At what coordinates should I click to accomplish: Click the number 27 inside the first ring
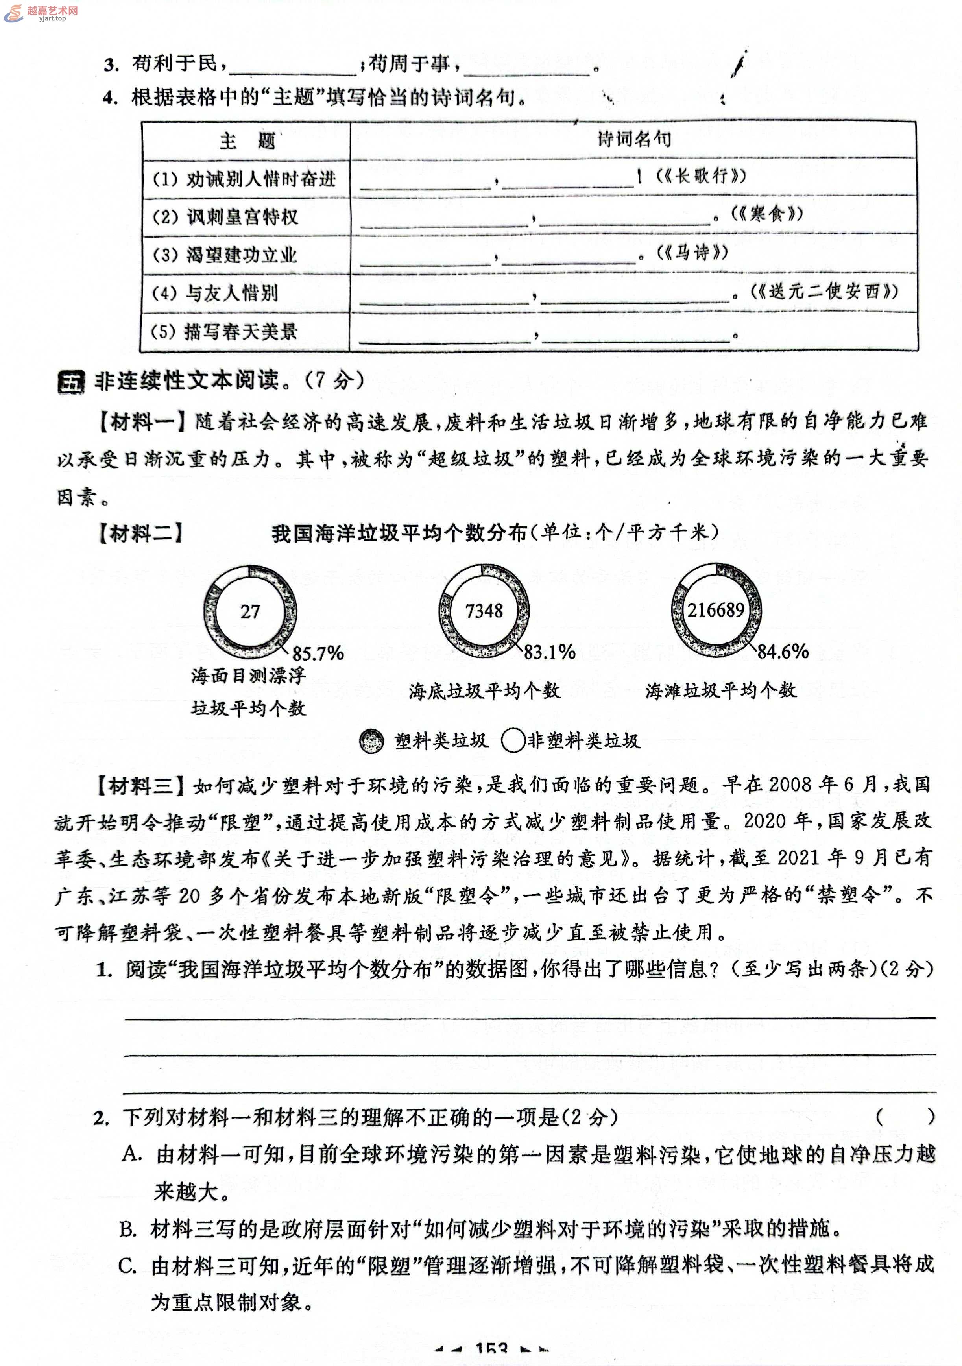250,612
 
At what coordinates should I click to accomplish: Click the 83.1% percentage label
549,652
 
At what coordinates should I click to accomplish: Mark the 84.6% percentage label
782,652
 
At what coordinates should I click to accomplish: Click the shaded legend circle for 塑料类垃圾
372,741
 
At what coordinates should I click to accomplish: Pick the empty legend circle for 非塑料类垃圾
513,741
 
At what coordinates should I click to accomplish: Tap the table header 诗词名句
634,139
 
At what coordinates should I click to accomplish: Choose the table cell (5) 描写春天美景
224,331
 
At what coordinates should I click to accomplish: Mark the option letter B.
128,1229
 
